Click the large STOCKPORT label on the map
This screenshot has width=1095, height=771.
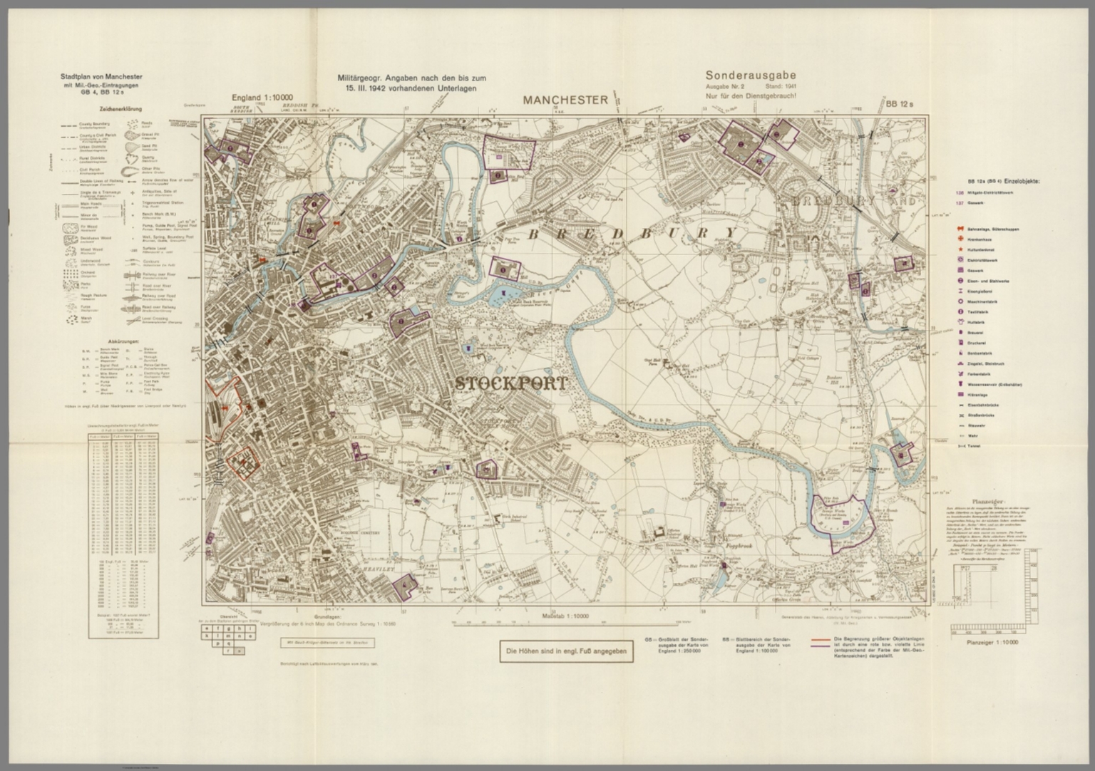(x=511, y=383)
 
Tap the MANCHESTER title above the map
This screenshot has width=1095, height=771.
(x=565, y=100)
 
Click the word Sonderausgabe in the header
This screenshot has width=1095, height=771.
(x=751, y=75)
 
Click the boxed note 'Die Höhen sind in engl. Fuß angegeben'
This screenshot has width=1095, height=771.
(x=566, y=651)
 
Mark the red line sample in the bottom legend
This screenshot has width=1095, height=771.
(x=816, y=639)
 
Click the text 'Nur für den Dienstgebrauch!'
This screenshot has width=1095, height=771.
(x=750, y=95)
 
